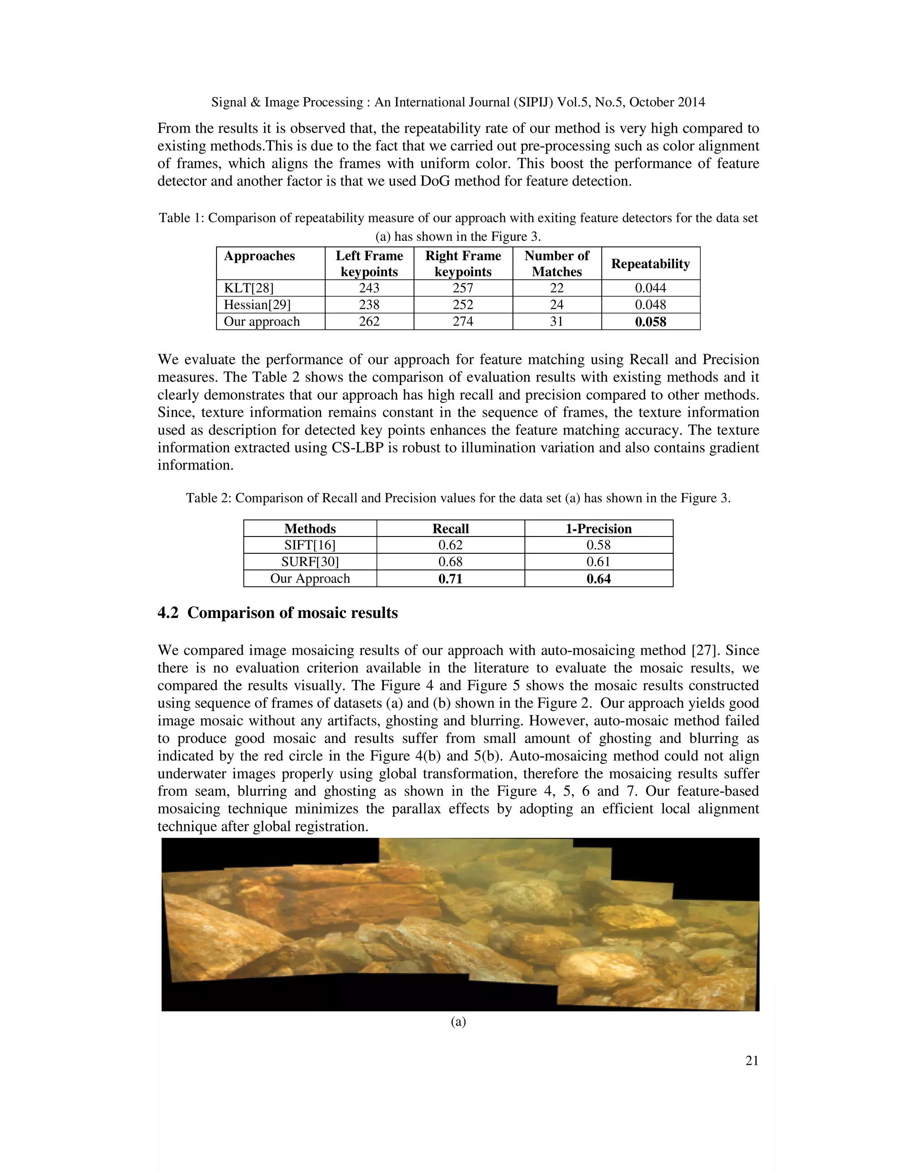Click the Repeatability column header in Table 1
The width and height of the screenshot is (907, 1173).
[x=650, y=264]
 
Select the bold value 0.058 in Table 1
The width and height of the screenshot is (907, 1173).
[x=650, y=322]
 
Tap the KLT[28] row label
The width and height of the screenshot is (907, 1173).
[x=248, y=288]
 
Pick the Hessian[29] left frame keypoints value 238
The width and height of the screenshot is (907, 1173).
[x=369, y=305]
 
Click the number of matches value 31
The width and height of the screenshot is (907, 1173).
[x=557, y=321]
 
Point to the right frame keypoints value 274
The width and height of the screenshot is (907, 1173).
[x=463, y=321]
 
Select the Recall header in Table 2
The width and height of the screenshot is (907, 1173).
[x=450, y=529]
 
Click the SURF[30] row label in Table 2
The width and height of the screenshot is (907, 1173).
[x=310, y=562]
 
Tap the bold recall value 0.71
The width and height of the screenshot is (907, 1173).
[x=450, y=579]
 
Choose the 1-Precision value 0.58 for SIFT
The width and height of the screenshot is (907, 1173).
[x=599, y=545]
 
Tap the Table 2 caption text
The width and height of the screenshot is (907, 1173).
[x=458, y=498]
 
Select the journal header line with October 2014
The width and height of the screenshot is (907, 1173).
[x=458, y=102]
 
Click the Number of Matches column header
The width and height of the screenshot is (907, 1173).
[x=557, y=264]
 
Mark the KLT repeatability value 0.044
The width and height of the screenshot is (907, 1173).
[x=650, y=288]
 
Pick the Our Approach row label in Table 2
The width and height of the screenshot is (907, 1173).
[x=310, y=579]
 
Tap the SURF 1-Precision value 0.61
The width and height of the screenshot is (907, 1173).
[x=599, y=562]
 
